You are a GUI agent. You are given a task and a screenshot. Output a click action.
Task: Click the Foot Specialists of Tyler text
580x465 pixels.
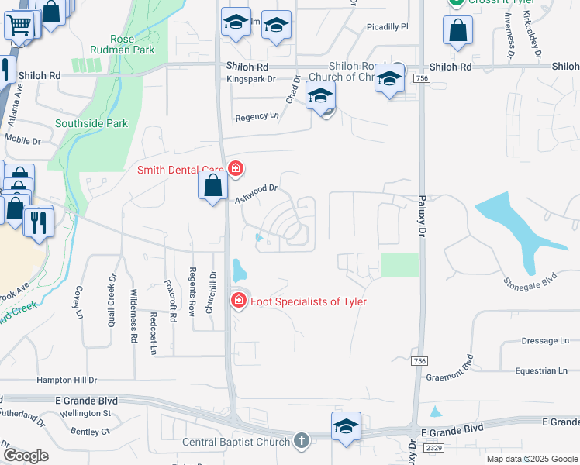tap(308, 301)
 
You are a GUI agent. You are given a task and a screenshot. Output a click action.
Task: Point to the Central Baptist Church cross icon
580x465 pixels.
tap(302, 442)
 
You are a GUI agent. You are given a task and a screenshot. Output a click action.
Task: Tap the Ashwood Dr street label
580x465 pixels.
tap(257, 193)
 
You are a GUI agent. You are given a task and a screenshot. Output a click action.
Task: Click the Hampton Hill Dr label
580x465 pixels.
tap(67, 381)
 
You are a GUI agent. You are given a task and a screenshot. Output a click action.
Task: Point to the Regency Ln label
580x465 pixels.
tap(257, 117)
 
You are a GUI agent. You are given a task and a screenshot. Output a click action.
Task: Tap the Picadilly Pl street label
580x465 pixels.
tap(388, 27)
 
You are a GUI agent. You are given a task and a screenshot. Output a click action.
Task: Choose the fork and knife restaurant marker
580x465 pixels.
tap(35, 222)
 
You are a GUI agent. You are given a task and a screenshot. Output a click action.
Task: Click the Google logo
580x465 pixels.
tap(26, 456)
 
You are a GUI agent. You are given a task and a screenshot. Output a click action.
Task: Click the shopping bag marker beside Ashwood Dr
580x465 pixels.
tap(212, 186)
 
